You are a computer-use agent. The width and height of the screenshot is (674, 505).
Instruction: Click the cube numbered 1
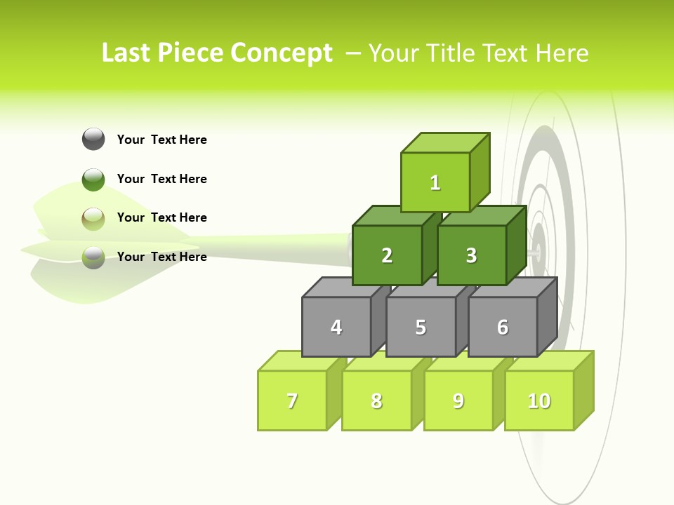coord(435,182)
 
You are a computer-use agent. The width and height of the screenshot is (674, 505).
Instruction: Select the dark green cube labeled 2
coord(387,255)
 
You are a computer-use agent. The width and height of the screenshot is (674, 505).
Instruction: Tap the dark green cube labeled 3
coord(471,255)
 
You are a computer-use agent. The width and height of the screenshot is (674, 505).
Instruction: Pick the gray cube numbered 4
coord(336,327)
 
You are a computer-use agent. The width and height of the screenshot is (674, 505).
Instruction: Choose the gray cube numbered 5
coord(421,327)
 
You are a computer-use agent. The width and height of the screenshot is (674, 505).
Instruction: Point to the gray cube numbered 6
coord(503,327)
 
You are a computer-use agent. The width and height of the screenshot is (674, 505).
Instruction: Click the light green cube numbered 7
coord(292,400)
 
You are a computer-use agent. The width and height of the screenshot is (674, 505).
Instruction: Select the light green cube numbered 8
coord(376,400)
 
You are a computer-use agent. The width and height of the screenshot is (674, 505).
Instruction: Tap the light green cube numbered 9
coord(458,400)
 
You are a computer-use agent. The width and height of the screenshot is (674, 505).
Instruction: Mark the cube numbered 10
coord(539,400)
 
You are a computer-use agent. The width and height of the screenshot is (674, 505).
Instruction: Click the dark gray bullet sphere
coord(93,139)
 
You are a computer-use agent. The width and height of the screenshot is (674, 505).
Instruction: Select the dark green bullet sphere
coord(93,179)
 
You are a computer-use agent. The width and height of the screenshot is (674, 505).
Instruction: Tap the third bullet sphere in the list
coord(93,218)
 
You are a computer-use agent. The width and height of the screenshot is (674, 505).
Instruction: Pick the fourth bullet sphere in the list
coord(93,257)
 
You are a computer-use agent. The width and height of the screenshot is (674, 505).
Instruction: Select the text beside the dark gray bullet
coord(162,140)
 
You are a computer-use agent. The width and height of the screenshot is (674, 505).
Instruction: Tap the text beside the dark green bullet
coord(162,179)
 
